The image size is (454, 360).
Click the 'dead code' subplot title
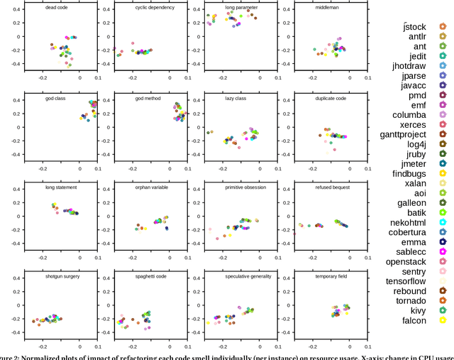click(x=56, y=8)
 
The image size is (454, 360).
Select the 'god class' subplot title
click(x=55, y=98)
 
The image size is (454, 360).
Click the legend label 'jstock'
click(x=414, y=27)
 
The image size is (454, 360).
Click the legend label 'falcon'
click(x=413, y=320)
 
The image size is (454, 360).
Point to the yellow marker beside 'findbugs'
click(x=443, y=173)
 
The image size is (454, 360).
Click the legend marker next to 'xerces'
click(x=443, y=124)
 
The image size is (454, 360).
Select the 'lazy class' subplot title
click(x=236, y=98)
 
